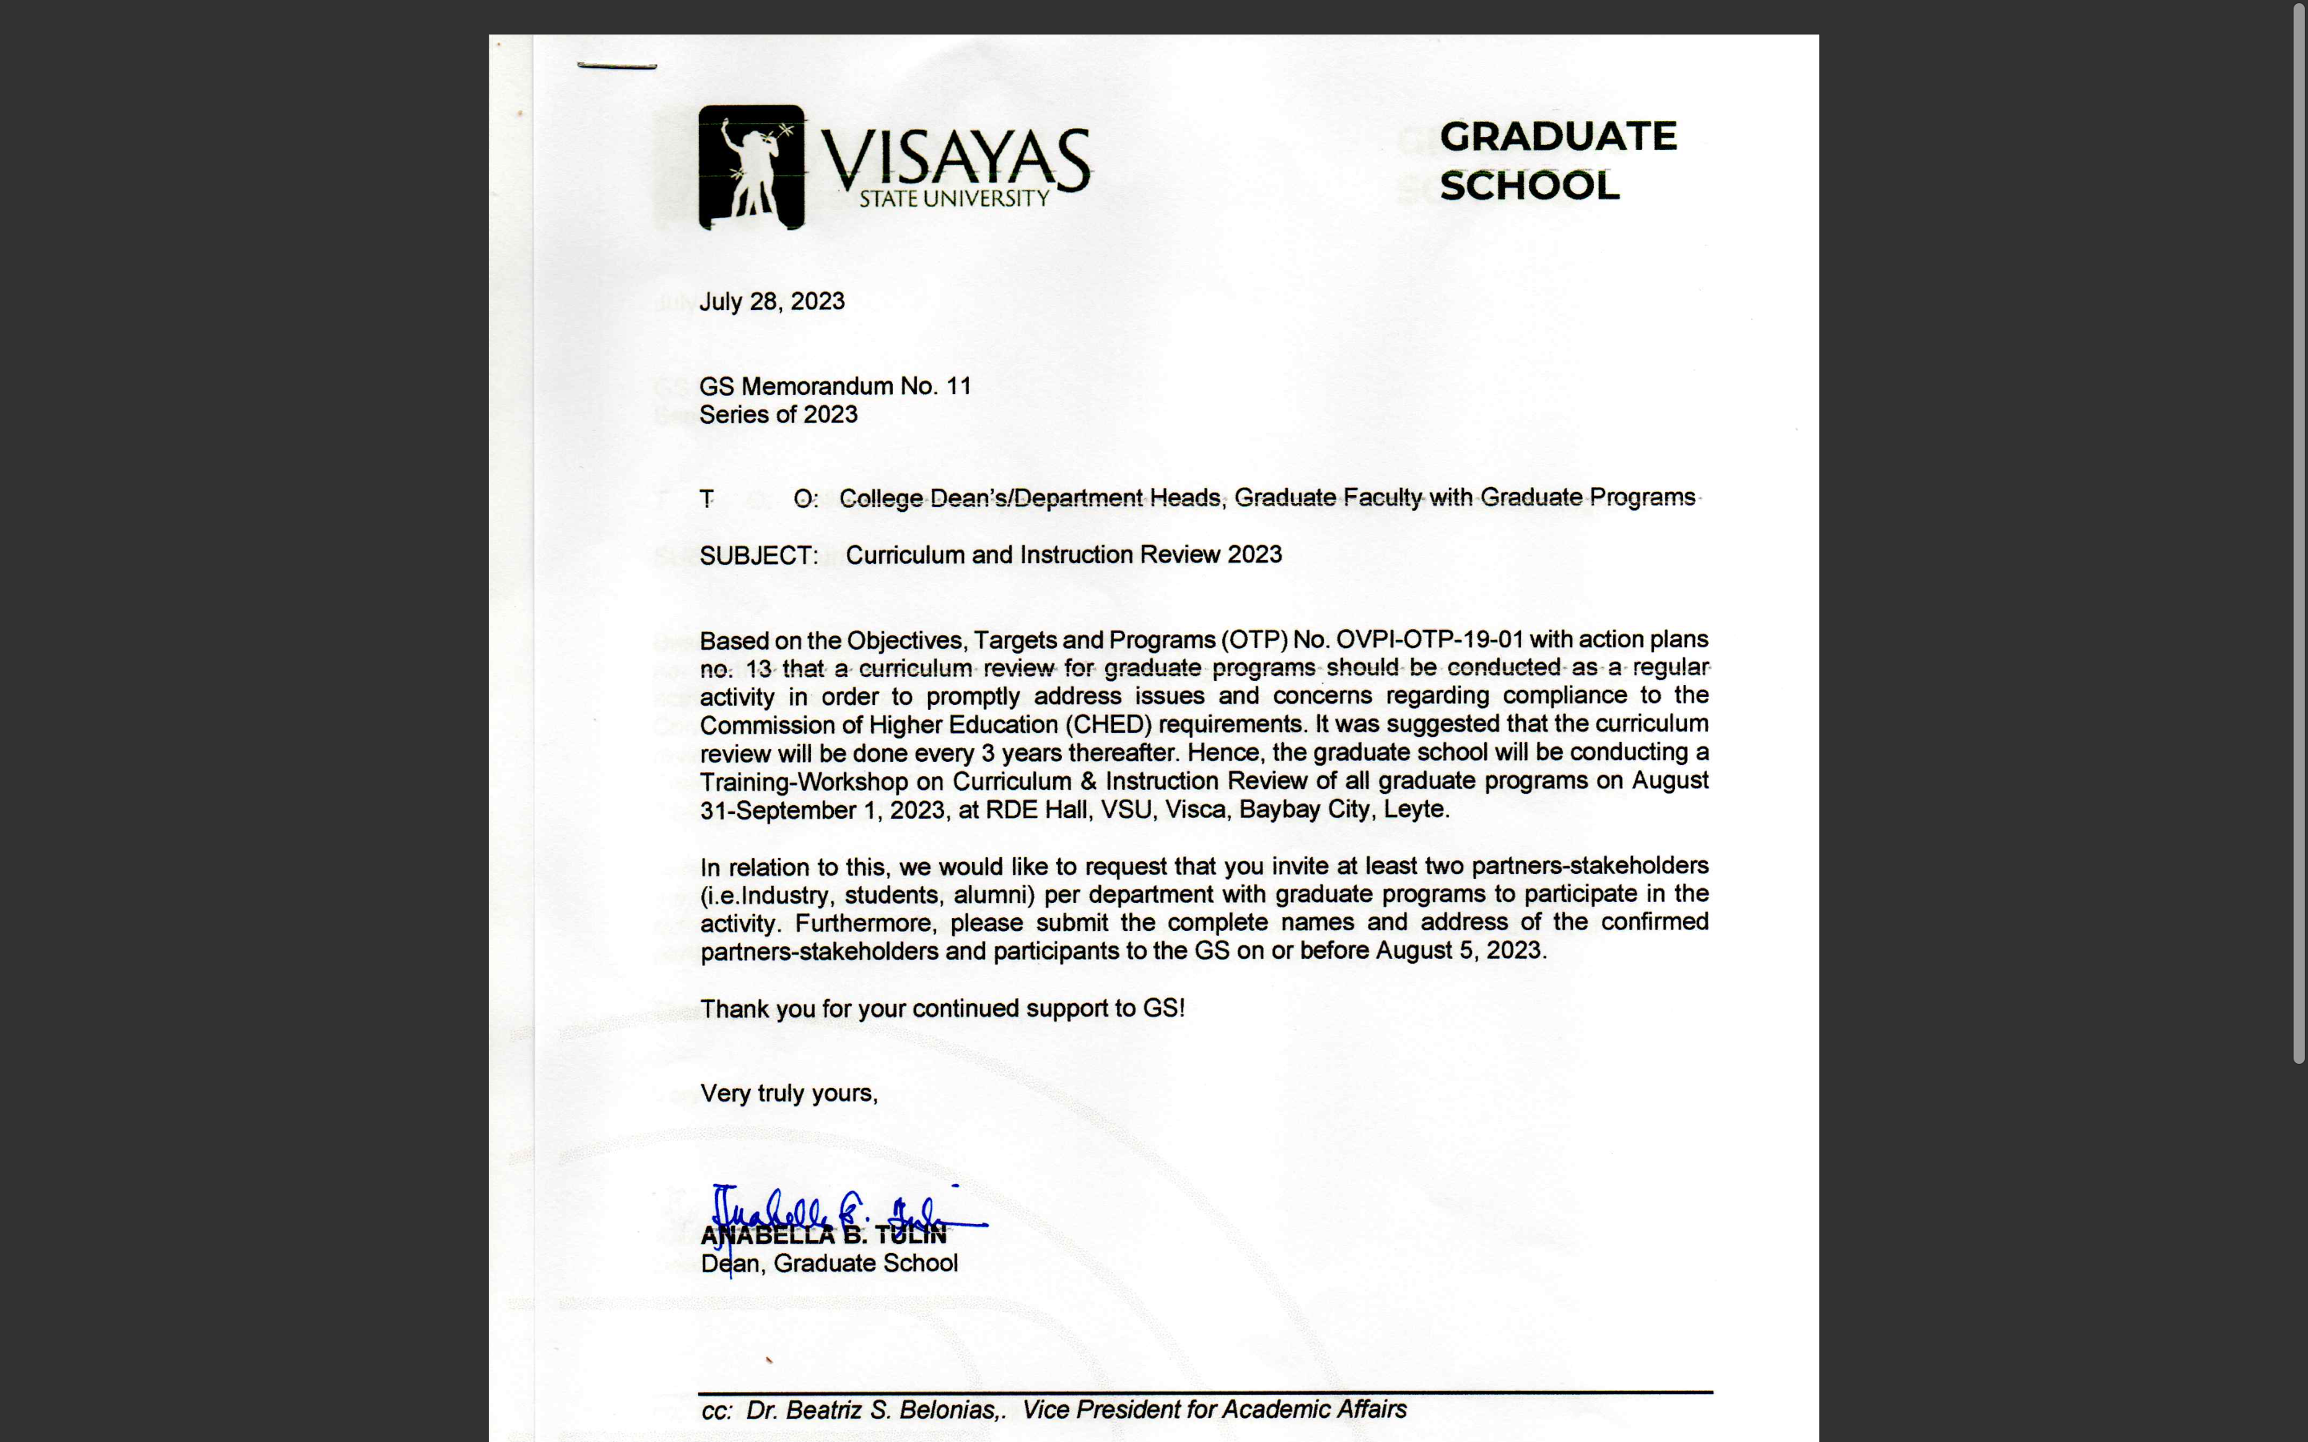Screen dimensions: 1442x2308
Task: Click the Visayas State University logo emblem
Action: click(752, 167)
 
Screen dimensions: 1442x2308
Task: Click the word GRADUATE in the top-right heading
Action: click(1557, 136)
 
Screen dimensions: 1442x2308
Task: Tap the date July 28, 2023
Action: click(772, 301)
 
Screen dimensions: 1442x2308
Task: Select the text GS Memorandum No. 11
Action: click(834, 386)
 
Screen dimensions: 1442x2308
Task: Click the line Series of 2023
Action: click(778, 415)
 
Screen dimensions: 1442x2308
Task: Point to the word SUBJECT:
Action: click(758, 556)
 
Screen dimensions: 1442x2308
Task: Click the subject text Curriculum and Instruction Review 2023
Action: click(1063, 555)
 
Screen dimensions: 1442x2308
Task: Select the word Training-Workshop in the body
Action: click(803, 782)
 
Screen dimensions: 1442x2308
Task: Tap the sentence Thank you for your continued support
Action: click(942, 1009)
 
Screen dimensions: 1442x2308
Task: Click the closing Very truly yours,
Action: click(789, 1094)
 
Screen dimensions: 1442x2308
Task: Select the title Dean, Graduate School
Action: click(829, 1263)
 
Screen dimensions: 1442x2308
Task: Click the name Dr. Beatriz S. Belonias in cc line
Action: click(873, 1410)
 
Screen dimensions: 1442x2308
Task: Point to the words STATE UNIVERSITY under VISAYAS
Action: click(954, 199)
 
